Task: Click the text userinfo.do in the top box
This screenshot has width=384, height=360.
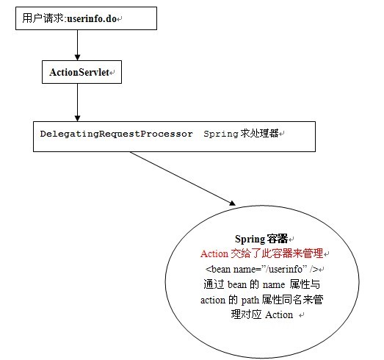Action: coord(92,18)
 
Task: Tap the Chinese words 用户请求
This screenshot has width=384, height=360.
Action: coord(43,18)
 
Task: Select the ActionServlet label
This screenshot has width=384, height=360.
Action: coord(79,72)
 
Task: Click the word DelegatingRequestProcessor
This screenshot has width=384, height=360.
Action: coord(116,134)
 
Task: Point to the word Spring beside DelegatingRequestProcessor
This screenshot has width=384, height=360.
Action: coord(221,134)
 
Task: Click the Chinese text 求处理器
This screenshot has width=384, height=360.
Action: coord(260,133)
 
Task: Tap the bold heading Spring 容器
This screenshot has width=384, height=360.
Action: coord(261,239)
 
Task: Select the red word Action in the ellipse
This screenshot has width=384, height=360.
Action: coord(214,254)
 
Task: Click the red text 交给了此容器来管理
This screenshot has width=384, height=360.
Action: coord(277,253)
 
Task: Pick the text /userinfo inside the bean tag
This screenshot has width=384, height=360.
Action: coord(284,269)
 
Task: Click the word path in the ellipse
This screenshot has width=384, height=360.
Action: coord(250,300)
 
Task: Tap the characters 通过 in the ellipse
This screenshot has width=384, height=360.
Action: coord(214,284)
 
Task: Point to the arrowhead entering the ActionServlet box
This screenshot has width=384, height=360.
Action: coord(77,57)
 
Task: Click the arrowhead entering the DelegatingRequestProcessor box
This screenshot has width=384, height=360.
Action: coord(77,118)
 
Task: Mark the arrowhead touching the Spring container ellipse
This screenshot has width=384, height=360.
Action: coord(232,203)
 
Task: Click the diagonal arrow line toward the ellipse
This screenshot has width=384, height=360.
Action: coord(181,178)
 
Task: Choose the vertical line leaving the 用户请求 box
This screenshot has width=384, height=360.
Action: coord(77,43)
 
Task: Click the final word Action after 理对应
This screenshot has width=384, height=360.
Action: coord(279,315)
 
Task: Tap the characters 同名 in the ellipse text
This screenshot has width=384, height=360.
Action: coord(291,300)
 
